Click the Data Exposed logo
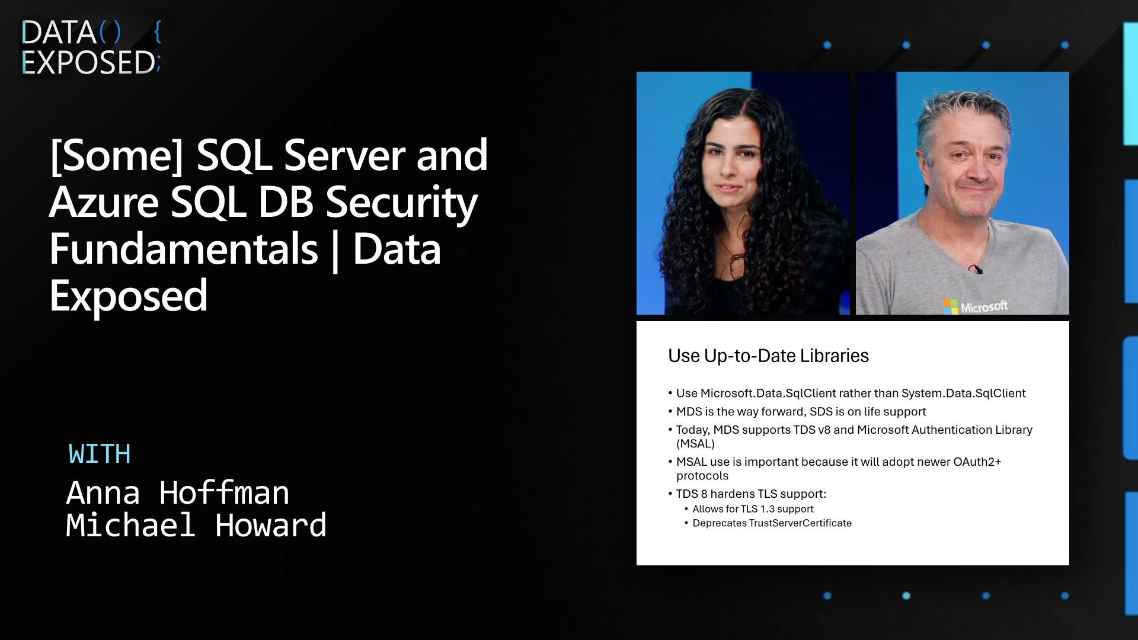click(90, 47)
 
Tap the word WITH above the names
click(100, 455)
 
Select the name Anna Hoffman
click(177, 493)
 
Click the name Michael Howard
click(196, 526)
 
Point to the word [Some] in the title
click(116, 155)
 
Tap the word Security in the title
click(401, 203)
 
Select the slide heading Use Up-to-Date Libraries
click(768, 356)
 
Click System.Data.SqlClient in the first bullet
click(963, 393)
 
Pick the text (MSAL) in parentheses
click(695, 444)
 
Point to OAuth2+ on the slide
click(977, 462)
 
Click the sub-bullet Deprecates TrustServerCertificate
click(772, 523)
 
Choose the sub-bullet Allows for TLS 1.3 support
click(753, 509)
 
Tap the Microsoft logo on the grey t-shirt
click(976, 306)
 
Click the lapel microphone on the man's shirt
click(975, 270)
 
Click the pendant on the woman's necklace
click(737, 261)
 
